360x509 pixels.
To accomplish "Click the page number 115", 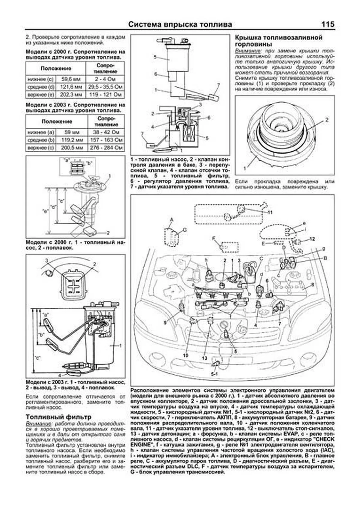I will pyautogui.click(x=328, y=25).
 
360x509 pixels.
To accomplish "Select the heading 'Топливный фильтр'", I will pyautogui.click(x=58, y=417).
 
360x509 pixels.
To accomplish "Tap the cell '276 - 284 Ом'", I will pyautogui.click(x=106, y=148).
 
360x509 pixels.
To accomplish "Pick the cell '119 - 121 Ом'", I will pyautogui.click(x=105, y=95).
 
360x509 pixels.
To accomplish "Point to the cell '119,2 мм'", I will pyautogui.click(x=72, y=140).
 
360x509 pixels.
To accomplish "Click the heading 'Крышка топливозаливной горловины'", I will pyautogui.click(x=278, y=41).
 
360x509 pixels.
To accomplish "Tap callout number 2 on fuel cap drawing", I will pyautogui.click(x=327, y=120).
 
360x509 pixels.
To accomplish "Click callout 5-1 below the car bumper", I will pyautogui.click(x=214, y=374).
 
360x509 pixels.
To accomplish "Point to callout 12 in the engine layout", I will pyautogui.click(x=312, y=239).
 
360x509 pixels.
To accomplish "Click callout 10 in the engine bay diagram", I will pyautogui.click(x=186, y=355).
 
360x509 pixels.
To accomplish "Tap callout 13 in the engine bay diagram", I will pyautogui.click(x=205, y=358).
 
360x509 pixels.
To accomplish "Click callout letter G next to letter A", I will pyautogui.click(x=184, y=230).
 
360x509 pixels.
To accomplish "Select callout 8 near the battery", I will pyautogui.click(x=312, y=284).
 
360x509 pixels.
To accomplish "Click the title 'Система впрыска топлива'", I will pyautogui.click(x=180, y=25).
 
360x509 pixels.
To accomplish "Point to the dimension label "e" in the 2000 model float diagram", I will pyautogui.click(x=45, y=211).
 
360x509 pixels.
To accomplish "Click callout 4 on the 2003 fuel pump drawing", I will pyautogui.click(x=59, y=375).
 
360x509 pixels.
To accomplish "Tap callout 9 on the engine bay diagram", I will pyautogui.click(x=165, y=322).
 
